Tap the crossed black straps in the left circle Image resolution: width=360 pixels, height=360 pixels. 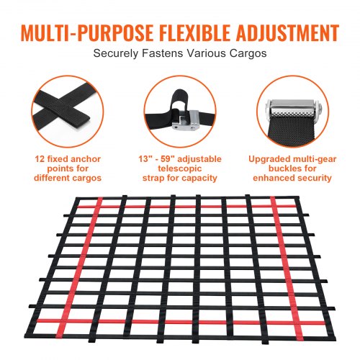(58, 109)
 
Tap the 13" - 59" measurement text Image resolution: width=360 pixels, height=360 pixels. (158, 158)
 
